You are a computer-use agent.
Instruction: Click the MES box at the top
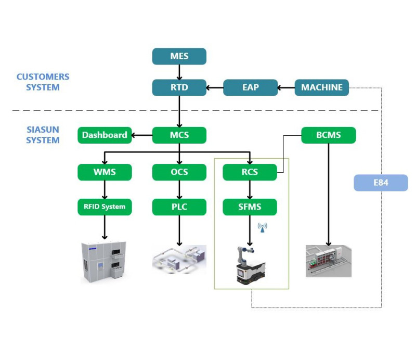tap(179, 56)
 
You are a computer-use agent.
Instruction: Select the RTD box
tap(179, 87)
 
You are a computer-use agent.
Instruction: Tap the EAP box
tap(250, 87)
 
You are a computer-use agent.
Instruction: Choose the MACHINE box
tap(322, 87)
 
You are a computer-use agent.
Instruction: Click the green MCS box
tap(179, 135)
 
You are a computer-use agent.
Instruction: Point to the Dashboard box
tap(105, 135)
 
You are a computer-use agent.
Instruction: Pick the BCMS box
tap(329, 135)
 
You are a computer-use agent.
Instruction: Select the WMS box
tap(105, 172)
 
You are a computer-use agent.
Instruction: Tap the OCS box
tap(179, 172)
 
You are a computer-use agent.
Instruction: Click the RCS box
tap(250, 172)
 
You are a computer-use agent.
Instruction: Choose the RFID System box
tap(105, 207)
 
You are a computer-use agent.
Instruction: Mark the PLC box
tap(179, 207)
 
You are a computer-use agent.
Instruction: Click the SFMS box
tap(250, 207)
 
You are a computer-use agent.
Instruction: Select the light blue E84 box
tap(381, 183)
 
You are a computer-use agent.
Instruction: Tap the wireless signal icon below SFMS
tap(262, 227)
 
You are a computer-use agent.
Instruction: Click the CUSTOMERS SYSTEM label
tap(43, 82)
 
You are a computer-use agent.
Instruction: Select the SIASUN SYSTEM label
tap(43, 135)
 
